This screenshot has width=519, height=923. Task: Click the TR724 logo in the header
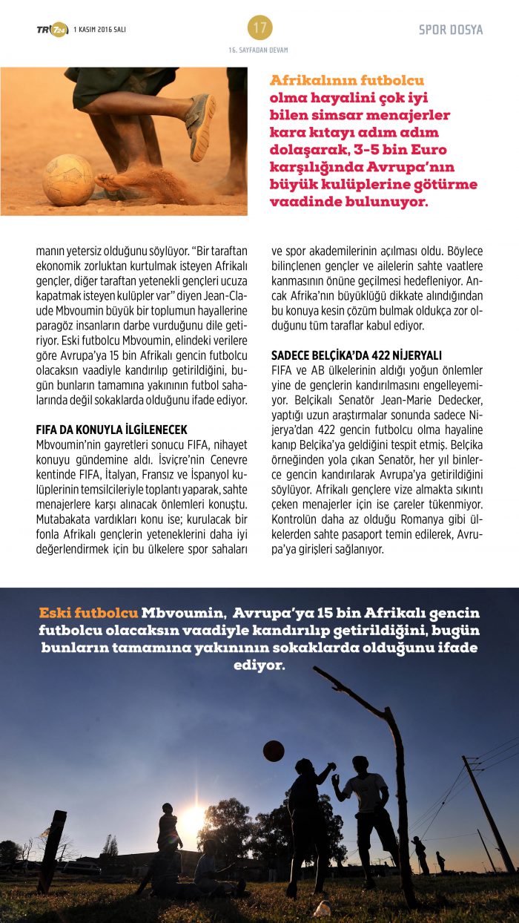tap(52, 29)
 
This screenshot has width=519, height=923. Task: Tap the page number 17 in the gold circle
tap(259, 27)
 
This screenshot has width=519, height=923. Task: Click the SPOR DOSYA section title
tap(450, 30)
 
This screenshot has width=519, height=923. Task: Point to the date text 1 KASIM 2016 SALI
tap(99, 29)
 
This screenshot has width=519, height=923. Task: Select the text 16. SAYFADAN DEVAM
tap(259, 50)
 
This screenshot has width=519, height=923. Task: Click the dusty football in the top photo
tap(67, 180)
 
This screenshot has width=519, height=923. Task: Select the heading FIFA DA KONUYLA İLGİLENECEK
tap(111, 430)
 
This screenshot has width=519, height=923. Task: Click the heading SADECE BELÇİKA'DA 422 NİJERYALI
tap(356, 355)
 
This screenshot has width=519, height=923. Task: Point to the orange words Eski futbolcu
tap(88, 614)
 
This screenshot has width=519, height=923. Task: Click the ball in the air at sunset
tap(274, 750)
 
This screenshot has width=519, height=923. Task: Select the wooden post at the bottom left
tap(52, 850)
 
